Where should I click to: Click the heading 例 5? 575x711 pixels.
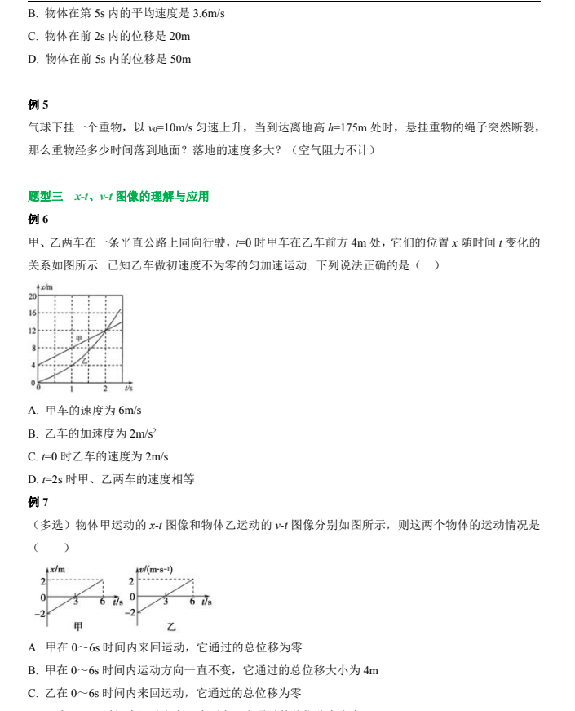[x=38, y=104]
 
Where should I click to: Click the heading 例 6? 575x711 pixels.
[x=38, y=220]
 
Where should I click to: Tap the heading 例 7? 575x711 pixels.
[x=38, y=502]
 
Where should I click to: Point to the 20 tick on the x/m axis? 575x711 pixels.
[x=33, y=296]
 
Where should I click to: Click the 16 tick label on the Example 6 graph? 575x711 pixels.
[x=33, y=313]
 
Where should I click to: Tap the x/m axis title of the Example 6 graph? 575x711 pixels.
[x=46, y=288]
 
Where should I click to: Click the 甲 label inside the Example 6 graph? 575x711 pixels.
[x=79, y=337]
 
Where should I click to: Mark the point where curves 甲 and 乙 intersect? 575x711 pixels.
[x=104, y=331]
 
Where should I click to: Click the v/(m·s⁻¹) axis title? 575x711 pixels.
[x=155, y=569]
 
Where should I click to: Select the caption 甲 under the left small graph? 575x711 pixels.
[x=78, y=627]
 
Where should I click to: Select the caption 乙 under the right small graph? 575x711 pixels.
[x=171, y=627]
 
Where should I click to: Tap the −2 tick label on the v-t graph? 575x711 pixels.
[x=131, y=613]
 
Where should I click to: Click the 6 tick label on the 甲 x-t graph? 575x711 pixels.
[x=103, y=602]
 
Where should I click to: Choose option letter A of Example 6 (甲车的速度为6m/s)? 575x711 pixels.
[x=32, y=411]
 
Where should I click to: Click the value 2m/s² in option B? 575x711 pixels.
[x=143, y=433]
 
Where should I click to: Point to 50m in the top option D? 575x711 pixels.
[x=180, y=60]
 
